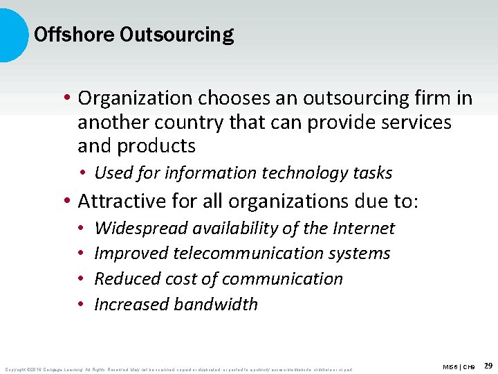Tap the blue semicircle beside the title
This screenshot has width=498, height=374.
12,35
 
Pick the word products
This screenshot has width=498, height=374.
158,146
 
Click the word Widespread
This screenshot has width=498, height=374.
142,228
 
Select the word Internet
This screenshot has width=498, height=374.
365,228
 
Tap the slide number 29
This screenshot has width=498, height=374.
488,365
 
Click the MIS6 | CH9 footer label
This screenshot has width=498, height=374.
459,366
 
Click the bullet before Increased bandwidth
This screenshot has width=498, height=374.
81,304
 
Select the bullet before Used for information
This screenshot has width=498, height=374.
82,172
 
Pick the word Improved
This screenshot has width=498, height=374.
130,253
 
